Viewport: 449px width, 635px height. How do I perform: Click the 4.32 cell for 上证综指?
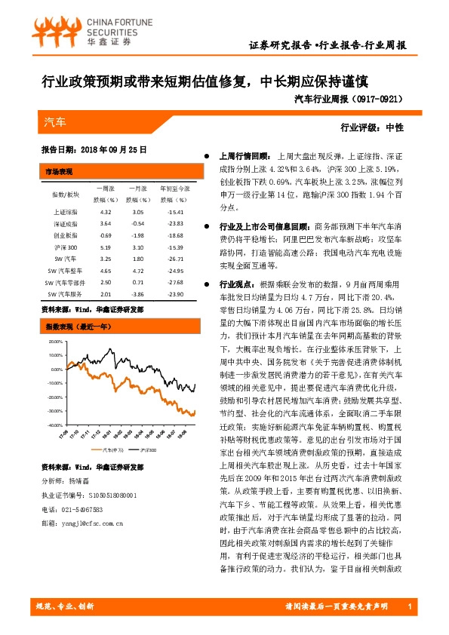pyautogui.click(x=106, y=213)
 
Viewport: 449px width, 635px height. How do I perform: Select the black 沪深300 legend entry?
pyautogui.click(x=146, y=449)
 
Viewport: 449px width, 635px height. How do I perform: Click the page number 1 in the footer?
pyautogui.click(x=408, y=608)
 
